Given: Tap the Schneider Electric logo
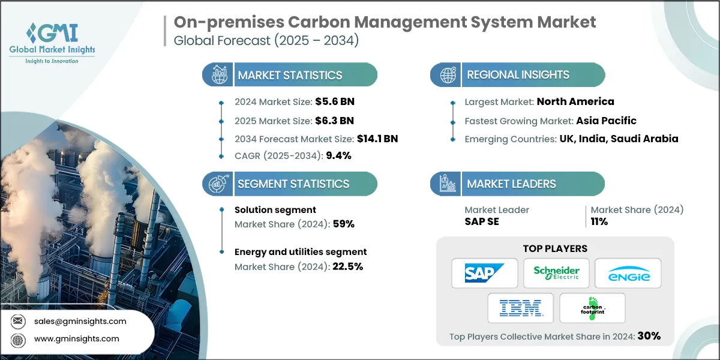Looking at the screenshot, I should click(556, 274).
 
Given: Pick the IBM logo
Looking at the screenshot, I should click(520, 308).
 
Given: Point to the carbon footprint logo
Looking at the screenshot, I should click(592, 308).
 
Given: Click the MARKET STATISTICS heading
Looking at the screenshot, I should click(290, 75).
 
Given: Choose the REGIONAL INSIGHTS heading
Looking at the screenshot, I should click(518, 75).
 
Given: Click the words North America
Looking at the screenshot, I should click(575, 101).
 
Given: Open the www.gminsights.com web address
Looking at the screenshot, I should click(76, 339).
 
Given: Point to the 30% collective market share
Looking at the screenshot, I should click(649, 336).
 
